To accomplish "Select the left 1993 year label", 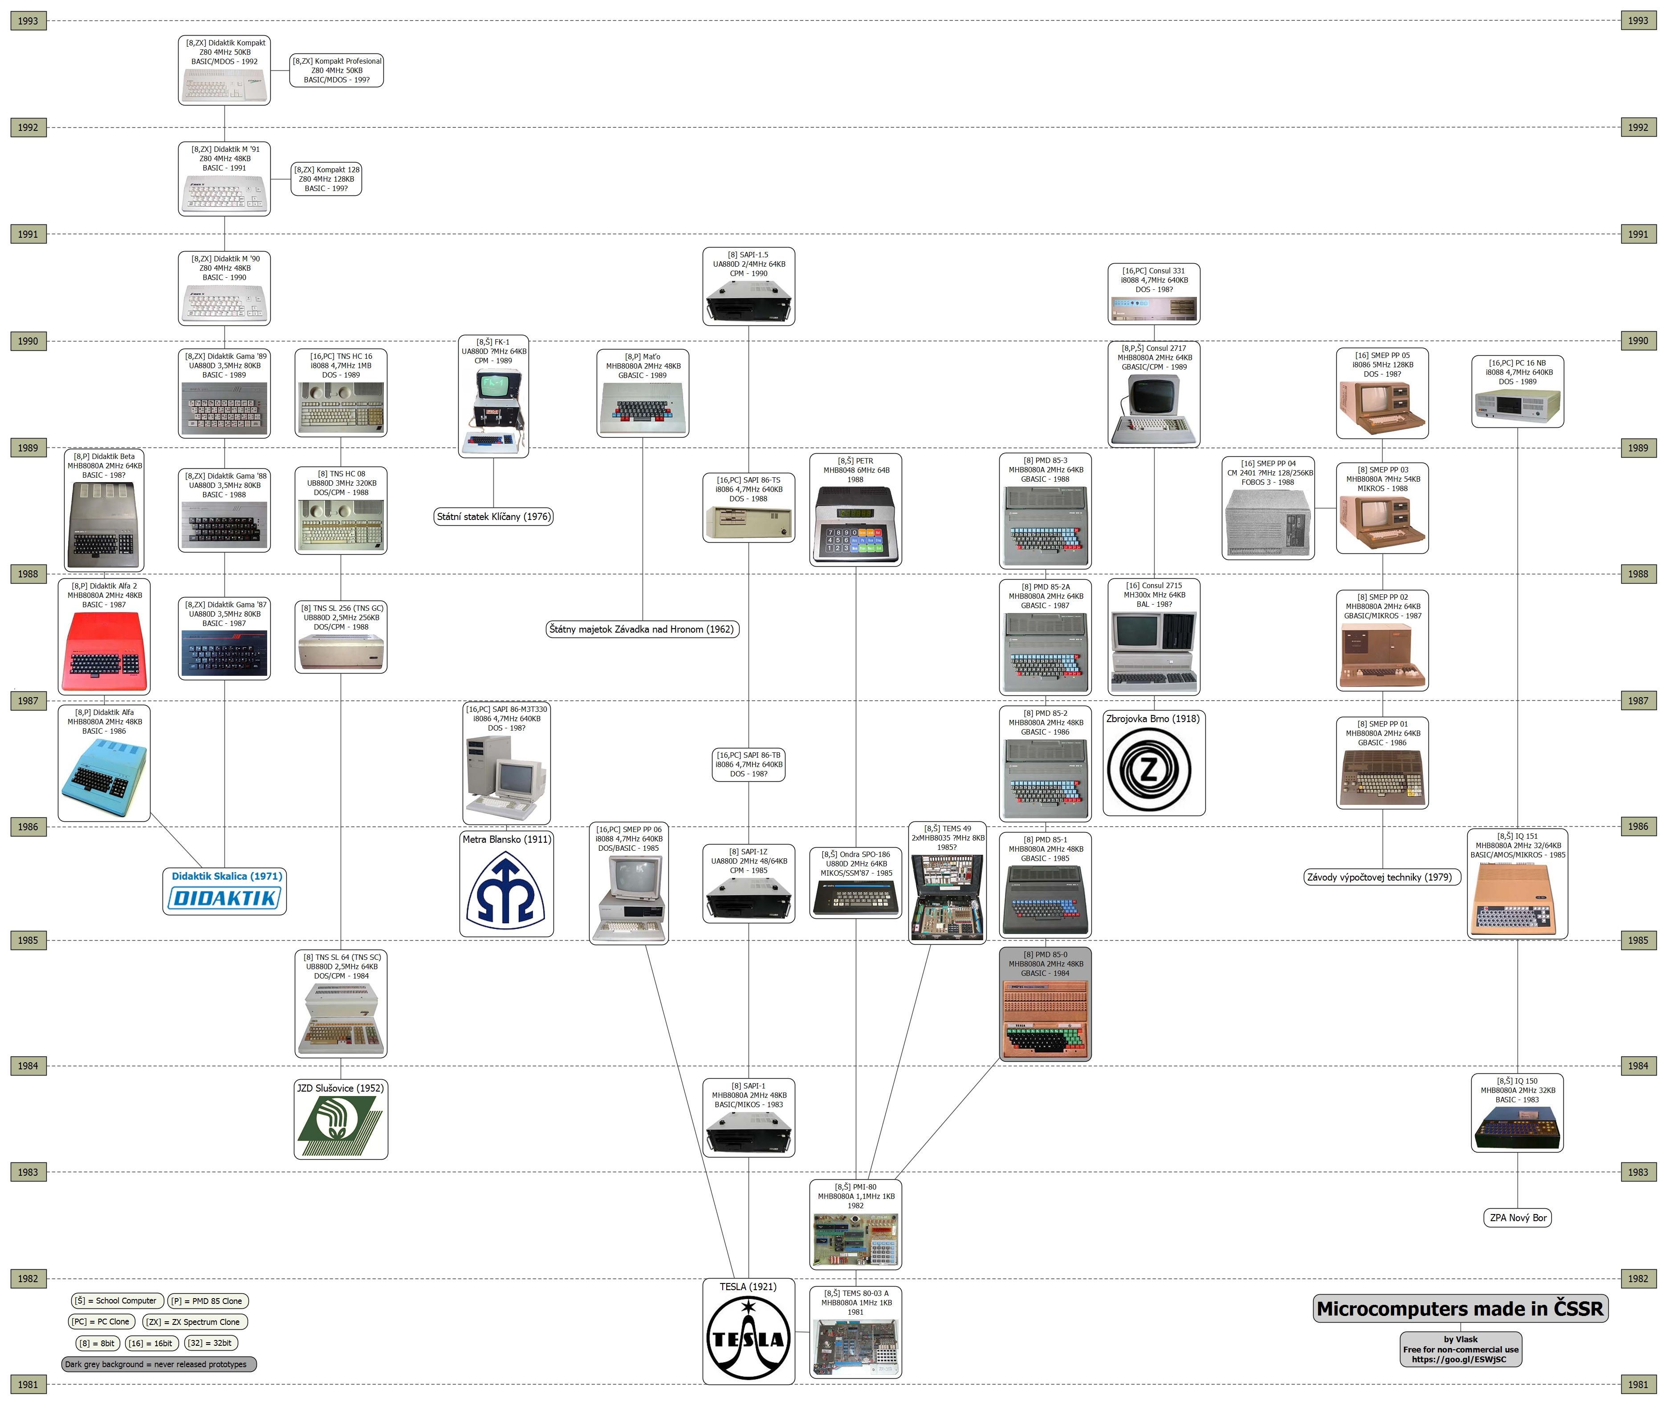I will coord(28,21).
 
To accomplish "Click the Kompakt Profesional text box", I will coord(336,70).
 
